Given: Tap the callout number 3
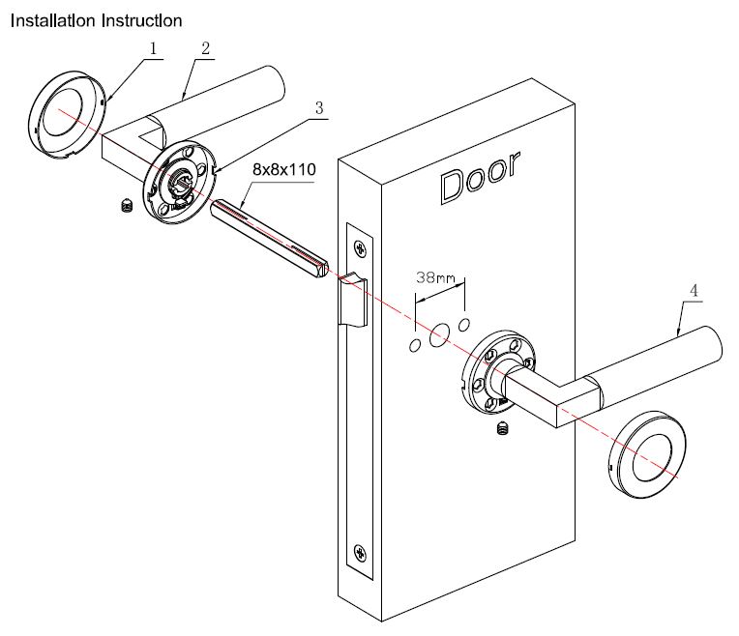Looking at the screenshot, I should (318, 108).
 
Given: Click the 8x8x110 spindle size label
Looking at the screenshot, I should (284, 168).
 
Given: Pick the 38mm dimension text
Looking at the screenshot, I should (435, 278).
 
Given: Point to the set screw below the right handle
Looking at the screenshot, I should (501, 428).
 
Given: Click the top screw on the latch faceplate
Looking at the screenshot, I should (361, 247).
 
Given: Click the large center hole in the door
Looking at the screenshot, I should (440, 333).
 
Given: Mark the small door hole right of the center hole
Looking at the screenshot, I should (464, 322).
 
